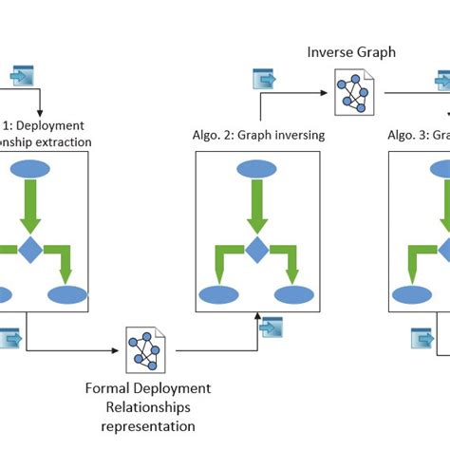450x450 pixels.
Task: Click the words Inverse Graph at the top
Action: click(x=350, y=51)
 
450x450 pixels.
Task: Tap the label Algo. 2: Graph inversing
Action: click(x=257, y=135)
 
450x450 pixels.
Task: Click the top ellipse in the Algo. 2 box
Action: click(x=256, y=170)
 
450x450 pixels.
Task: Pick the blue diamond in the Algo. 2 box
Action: click(x=256, y=251)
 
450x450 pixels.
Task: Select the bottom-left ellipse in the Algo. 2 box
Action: click(x=219, y=294)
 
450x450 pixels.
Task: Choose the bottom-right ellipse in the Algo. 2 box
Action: click(x=292, y=294)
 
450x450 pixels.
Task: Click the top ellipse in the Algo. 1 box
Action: click(x=28, y=170)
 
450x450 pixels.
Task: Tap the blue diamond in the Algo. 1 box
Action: click(x=29, y=251)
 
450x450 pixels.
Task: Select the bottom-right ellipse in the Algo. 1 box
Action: click(x=66, y=294)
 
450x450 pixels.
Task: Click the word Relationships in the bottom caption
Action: click(x=147, y=407)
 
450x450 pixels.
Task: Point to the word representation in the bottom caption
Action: click(x=147, y=426)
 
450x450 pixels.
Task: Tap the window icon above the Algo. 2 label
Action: click(x=263, y=79)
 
